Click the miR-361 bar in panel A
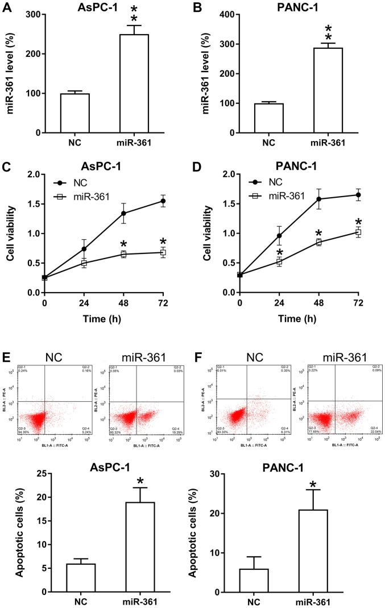(134, 84)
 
